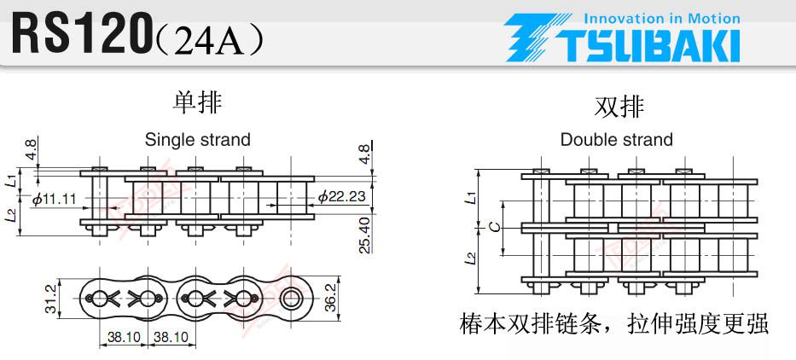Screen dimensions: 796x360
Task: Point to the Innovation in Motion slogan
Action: coord(662,19)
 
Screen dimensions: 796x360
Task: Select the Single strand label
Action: coord(198,139)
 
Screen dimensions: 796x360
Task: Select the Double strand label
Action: coord(616,139)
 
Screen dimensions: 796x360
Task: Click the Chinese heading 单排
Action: coord(198,102)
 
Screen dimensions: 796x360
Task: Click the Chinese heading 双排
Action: coord(619,107)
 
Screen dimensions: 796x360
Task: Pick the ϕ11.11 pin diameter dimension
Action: coord(55,199)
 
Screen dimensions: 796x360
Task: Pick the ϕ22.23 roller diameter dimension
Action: coord(341,196)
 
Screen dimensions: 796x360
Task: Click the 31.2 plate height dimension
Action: coord(50,299)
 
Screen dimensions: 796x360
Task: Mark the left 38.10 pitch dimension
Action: coord(123,337)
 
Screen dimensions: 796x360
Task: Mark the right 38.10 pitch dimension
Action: coord(171,337)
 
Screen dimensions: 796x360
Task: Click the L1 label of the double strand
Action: coord(472,198)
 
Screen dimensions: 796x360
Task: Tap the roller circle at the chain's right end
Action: coord(291,298)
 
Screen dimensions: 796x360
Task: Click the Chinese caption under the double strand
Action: coord(613,324)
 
